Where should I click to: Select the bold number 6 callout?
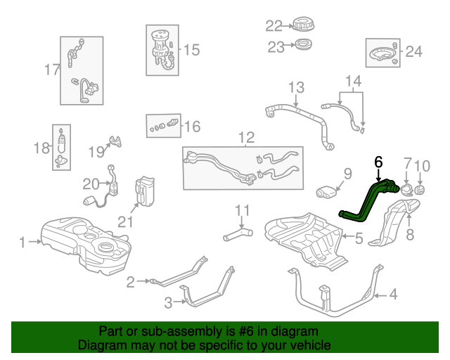pyautogui.click(x=378, y=162)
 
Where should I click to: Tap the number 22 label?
pyautogui.click(x=274, y=26)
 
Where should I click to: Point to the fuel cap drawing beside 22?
pyautogui.click(x=303, y=25)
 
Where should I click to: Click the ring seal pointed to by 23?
pyautogui.click(x=304, y=44)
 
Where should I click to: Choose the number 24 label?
pyautogui.click(x=414, y=51)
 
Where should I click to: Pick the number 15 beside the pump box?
pyautogui.click(x=191, y=50)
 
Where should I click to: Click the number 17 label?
pyautogui.click(x=52, y=70)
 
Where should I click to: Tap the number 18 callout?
pyautogui.click(x=41, y=148)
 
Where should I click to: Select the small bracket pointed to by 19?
pyautogui.click(x=115, y=141)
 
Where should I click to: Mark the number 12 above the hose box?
pyautogui.click(x=247, y=138)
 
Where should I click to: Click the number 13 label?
pyautogui.click(x=296, y=87)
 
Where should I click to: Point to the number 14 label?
pyautogui.click(x=353, y=81)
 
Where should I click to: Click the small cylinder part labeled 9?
pyautogui.click(x=326, y=192)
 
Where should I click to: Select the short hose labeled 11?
pyautogui.click(x=238, y=234)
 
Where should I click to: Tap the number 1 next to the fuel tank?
pyautogui.click(x=22, y=242)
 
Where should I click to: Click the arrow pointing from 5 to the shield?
pyautogui.click(x=348, y=236)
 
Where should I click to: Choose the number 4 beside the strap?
pyautogui.click(x=393, y=295)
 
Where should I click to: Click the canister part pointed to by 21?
pyautogui.click(x=145, y=191)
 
